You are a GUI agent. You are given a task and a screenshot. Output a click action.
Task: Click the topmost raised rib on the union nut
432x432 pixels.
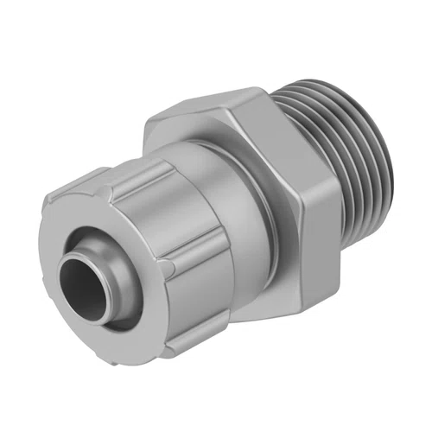pos(130,170)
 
